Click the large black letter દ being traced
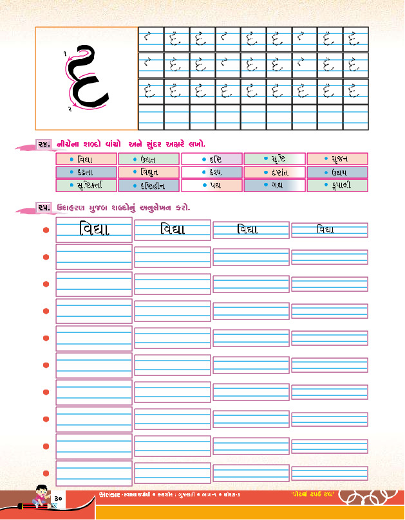click(x=87, y=77)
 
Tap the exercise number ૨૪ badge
click(x=44, y=143)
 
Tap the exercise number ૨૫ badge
click(x=44, y=208)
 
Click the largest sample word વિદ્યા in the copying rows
click(x=94, y=229)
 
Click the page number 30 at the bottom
click(x=57, y=499)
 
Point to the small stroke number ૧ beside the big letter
click(x=66, y=53)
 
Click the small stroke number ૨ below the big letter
click(x=69, y=109)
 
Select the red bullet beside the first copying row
click(x=46, y=229)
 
